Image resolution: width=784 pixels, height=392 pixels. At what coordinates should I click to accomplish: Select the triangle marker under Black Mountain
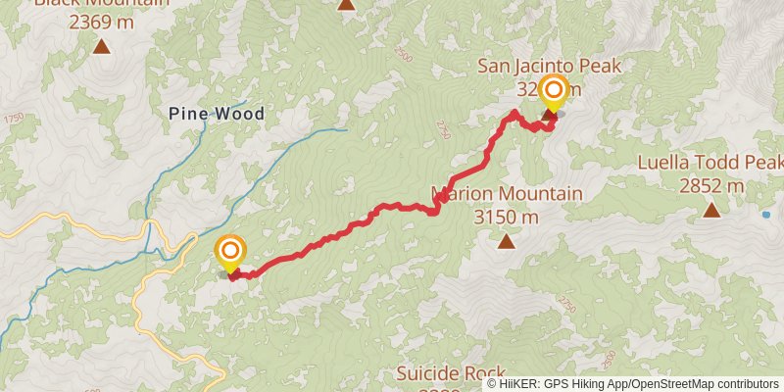[101, 45]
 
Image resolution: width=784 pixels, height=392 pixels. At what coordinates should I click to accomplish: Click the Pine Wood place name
[217, 114]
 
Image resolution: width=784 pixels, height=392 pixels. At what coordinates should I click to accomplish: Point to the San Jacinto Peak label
[550, 67]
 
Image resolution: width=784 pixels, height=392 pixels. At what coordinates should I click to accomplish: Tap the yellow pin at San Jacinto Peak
[553, 93]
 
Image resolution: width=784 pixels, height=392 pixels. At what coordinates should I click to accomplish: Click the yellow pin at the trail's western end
[230, 254]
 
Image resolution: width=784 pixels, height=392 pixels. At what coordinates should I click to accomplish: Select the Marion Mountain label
[507, 193]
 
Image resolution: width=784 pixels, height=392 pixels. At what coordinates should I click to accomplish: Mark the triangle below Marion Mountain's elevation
[506, 240]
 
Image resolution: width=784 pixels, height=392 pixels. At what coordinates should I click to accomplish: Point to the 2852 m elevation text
[711, 184]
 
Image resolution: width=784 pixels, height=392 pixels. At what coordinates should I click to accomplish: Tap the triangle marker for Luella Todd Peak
[711, 209]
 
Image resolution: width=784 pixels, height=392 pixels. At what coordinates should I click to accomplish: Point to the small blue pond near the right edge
[765, 213]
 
